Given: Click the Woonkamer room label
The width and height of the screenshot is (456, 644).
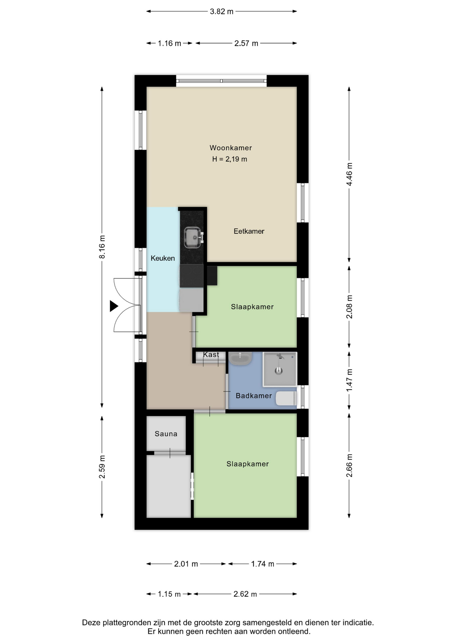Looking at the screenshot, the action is (x=231, y=148).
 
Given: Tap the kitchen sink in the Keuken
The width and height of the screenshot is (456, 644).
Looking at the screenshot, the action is (x=193, y=237).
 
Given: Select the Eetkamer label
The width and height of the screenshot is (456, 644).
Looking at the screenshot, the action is (x=249, y=231).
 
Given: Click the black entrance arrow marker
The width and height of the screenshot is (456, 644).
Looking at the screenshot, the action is (x=114, y=306).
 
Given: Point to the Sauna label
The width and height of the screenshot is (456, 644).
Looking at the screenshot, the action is (x=166, y=434).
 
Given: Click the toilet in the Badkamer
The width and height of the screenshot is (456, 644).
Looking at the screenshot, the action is (x=286, y=398).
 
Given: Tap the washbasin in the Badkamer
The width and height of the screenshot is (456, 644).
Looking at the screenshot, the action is (x=240, y=358).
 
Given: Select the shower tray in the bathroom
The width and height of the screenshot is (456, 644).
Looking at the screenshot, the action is (x=280, y=368).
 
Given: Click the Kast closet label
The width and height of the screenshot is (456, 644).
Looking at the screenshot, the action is (x=211, y=355).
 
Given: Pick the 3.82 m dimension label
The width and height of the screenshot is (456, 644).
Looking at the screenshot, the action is (x=222, y=11).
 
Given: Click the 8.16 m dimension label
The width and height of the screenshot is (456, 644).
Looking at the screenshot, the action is (x=102, y=247).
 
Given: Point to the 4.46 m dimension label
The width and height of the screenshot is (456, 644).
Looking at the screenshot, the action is (x=349, y=174).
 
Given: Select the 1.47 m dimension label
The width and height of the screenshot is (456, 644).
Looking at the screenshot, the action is (x=349, y=380).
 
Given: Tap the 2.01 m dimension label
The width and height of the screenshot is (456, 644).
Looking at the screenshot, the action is (x=186, y=564).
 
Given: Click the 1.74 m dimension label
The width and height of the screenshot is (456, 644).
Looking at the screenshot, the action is (x=263, y=564).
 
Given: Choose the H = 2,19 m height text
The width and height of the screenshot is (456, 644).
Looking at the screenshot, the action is (x=230, y=159).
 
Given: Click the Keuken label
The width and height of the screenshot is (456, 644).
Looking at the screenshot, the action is (x=163, y=258).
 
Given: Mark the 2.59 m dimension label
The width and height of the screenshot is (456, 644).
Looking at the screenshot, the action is (x=102, y=467).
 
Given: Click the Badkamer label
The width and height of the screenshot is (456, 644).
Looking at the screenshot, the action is (x=254, y=396).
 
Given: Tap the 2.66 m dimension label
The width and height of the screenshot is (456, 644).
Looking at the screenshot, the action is (x=349, y=465).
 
